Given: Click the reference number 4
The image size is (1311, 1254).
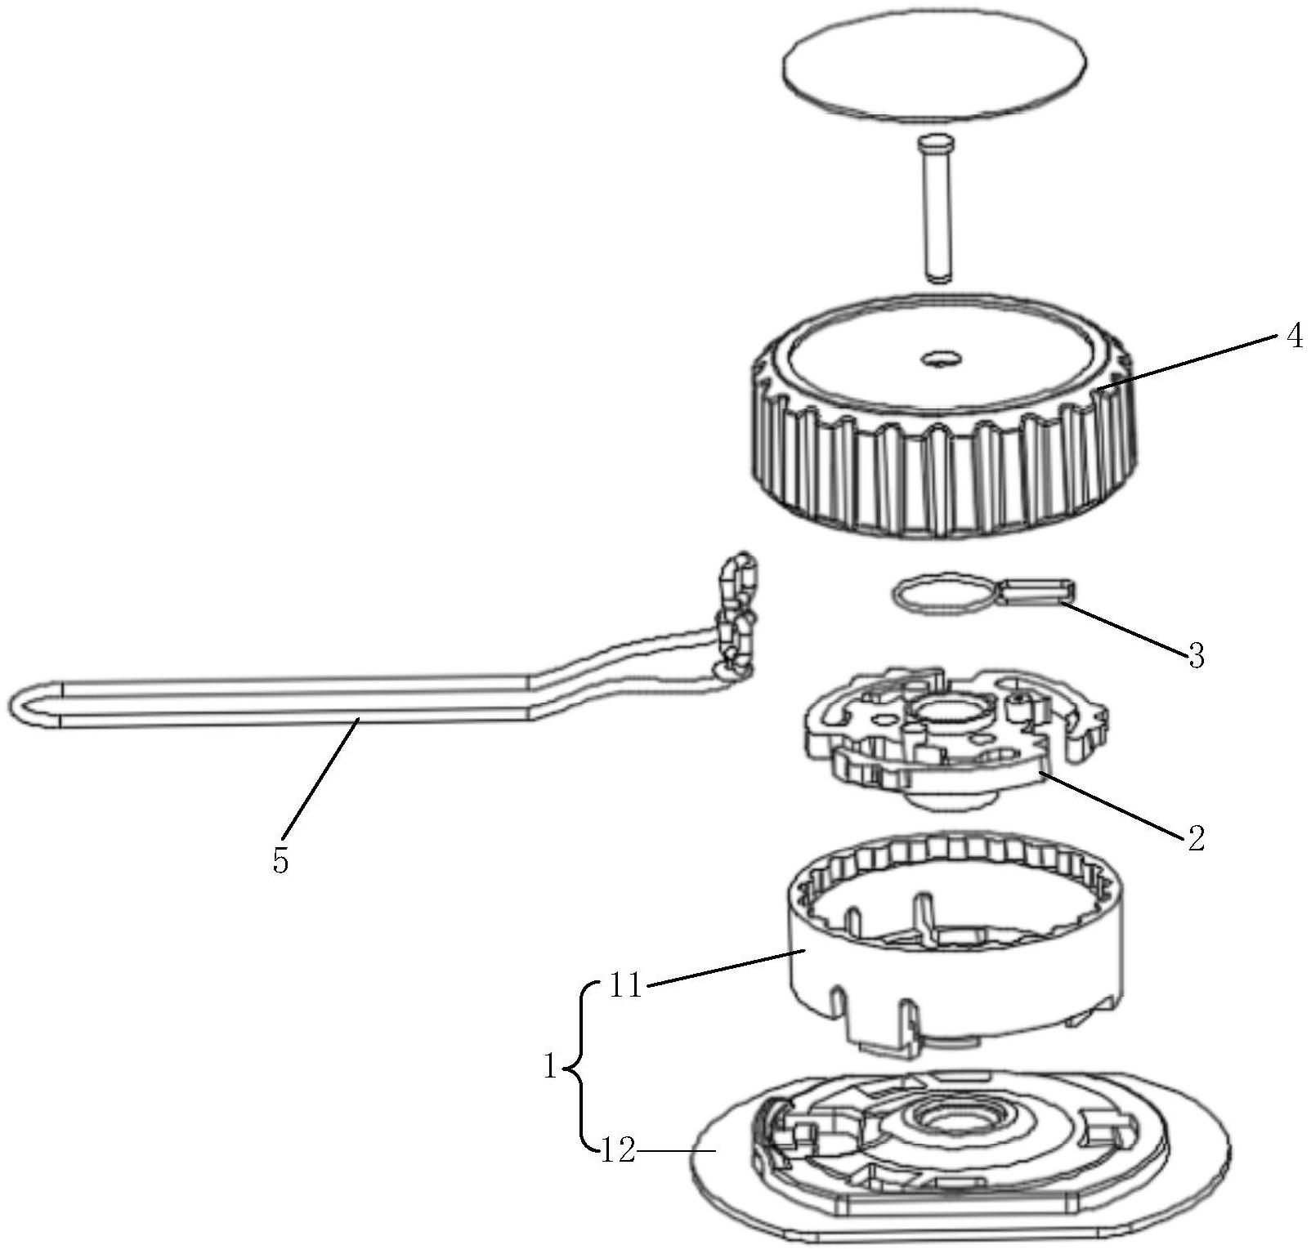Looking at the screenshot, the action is (1294, 336).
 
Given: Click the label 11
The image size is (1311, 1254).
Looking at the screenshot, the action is (626, 986).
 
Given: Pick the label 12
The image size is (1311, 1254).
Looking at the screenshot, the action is (618, 1152).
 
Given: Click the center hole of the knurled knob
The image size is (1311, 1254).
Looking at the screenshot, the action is (941, 358).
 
